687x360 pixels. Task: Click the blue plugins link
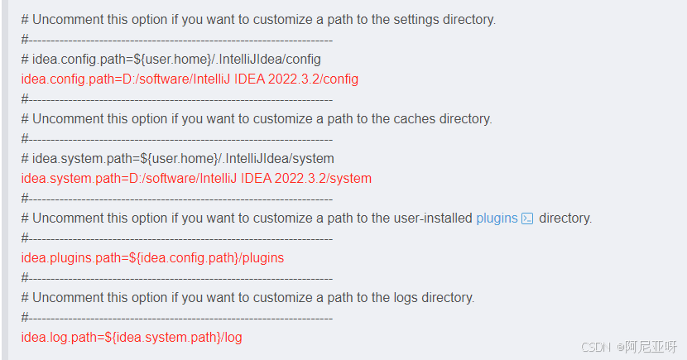point(497,218)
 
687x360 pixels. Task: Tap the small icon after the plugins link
point(527,218)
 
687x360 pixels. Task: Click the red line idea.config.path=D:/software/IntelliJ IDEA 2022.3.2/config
point(190,79)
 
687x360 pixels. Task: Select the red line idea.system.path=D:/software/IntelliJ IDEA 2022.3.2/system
point(196,179)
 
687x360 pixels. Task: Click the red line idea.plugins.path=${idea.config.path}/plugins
point(152,258)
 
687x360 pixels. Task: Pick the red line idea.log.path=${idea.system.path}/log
point(132,338)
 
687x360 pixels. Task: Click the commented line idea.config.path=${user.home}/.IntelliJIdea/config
point(171,60)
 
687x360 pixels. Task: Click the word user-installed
point(430,218)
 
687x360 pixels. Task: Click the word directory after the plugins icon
point(565,218)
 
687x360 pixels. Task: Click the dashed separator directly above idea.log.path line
point(177,318)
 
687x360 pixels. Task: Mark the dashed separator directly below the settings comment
point(177,40)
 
